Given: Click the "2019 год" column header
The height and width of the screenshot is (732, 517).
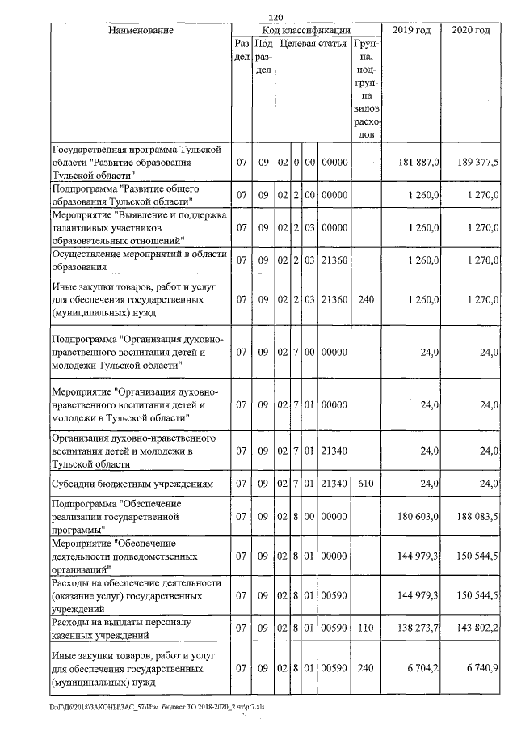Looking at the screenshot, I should tap(411, 30).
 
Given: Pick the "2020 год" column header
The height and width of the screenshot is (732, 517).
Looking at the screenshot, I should tap(471, 30).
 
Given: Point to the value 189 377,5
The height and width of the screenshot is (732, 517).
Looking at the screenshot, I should tap(477, 163).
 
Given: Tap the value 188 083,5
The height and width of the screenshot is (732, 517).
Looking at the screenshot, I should tap(477, 516).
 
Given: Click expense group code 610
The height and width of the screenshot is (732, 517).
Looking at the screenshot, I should tap(367, 484).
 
